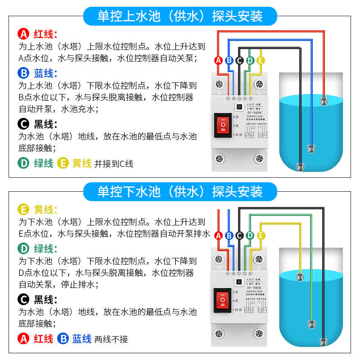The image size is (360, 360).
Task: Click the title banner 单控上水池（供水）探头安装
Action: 180,17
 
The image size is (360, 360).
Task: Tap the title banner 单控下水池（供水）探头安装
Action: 180,192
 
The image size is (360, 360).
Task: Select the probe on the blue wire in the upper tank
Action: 310,148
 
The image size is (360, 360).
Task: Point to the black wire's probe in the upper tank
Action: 300,167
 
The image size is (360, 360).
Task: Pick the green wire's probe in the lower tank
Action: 310,324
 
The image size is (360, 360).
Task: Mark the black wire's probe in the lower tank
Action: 323,342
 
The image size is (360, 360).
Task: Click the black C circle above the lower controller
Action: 239,235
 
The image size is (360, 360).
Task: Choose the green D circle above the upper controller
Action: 250,60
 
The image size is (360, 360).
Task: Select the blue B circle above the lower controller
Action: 229,235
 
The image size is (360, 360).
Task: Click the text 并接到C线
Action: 114,164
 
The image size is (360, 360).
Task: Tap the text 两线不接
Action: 111,339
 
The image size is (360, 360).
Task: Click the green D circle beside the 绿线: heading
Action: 23,248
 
